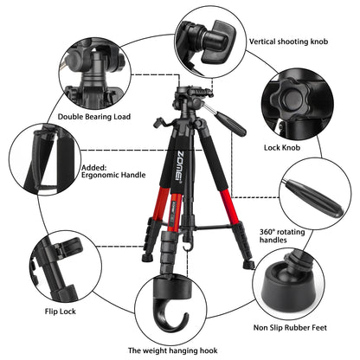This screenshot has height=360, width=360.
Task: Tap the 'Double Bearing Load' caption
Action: [x=94, y=116]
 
